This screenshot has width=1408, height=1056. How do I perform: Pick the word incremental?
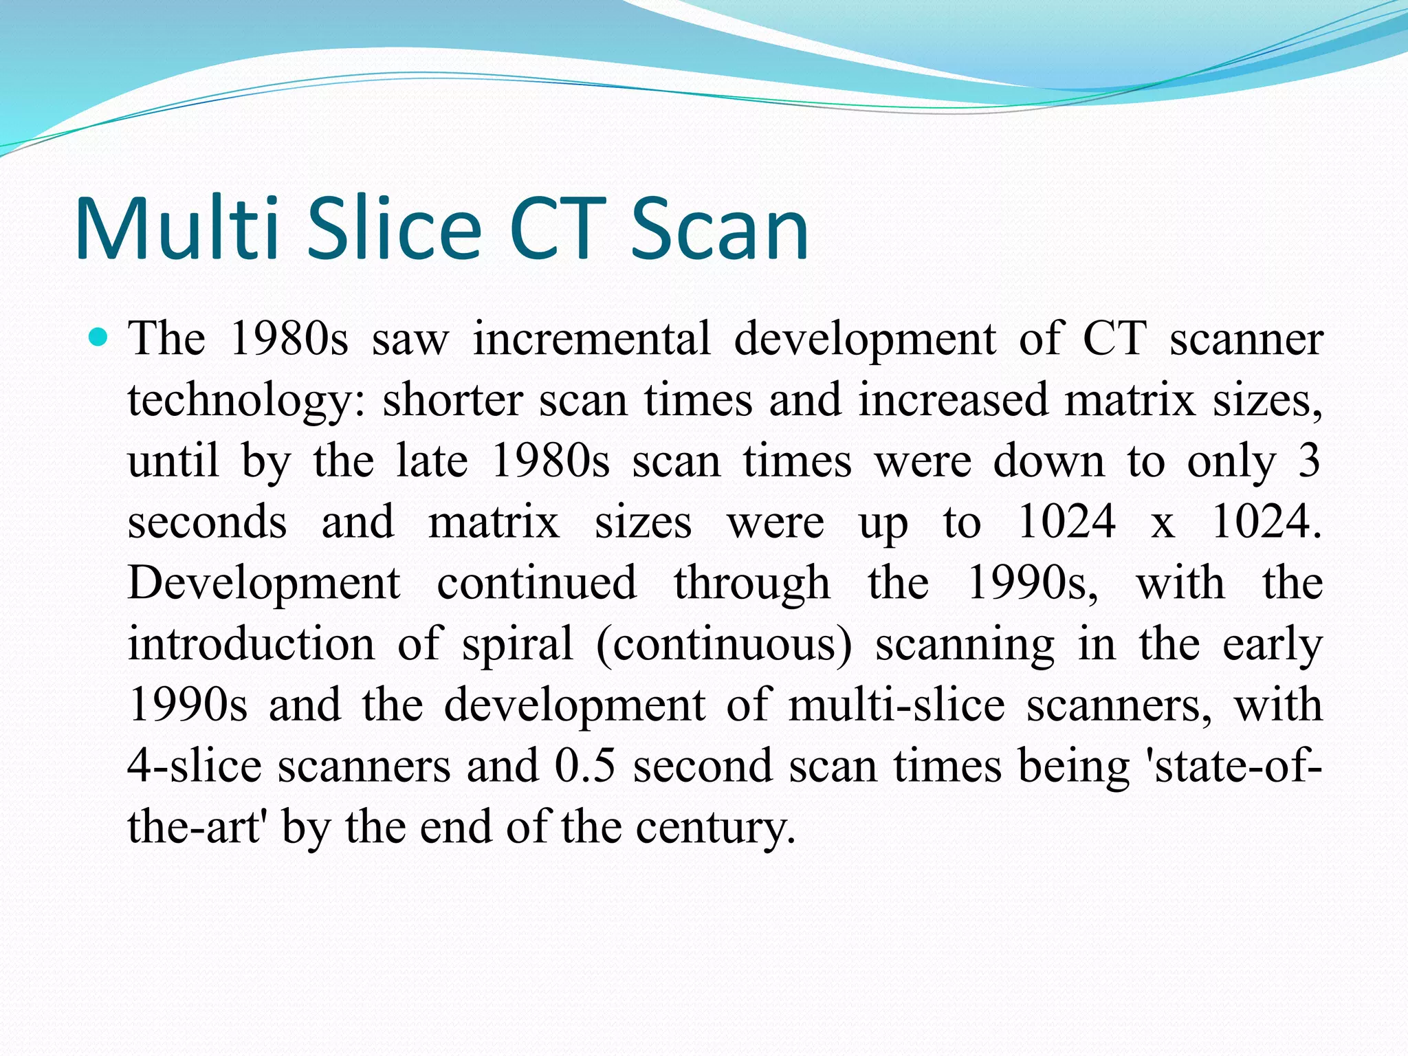click(x=591, y=338)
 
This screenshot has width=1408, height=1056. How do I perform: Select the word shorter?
click(x=452, y=400)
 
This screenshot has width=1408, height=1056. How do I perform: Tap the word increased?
click(x=953, y=400)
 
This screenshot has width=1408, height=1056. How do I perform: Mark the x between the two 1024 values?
click(x=1163, y=522)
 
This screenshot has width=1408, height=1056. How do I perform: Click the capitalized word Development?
click(x=264, y=583)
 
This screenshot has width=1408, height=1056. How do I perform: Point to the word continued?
click(x=537, y=583)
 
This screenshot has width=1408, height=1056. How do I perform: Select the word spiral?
click(x=517, y=644)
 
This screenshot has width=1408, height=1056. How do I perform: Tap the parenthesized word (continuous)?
click(x=724, y=644)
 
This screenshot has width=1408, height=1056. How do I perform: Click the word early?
click(x=1273, y=644)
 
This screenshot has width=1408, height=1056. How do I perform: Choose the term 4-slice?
click(x=195, y=766)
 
